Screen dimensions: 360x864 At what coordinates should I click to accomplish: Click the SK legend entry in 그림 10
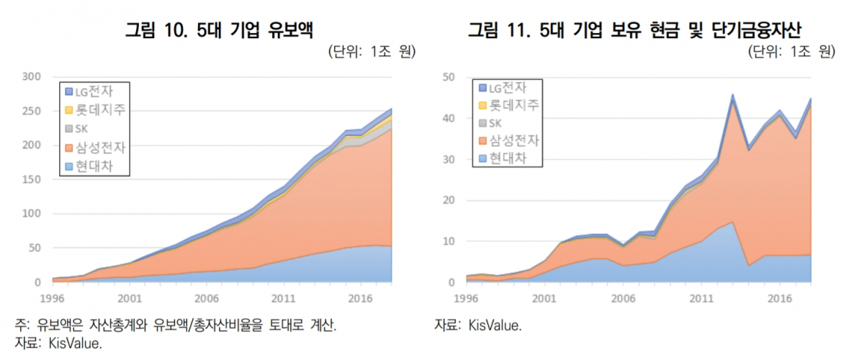83,129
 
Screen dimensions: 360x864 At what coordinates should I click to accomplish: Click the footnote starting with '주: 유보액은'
176,325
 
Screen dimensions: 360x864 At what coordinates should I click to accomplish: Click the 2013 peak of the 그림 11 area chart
732,95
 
